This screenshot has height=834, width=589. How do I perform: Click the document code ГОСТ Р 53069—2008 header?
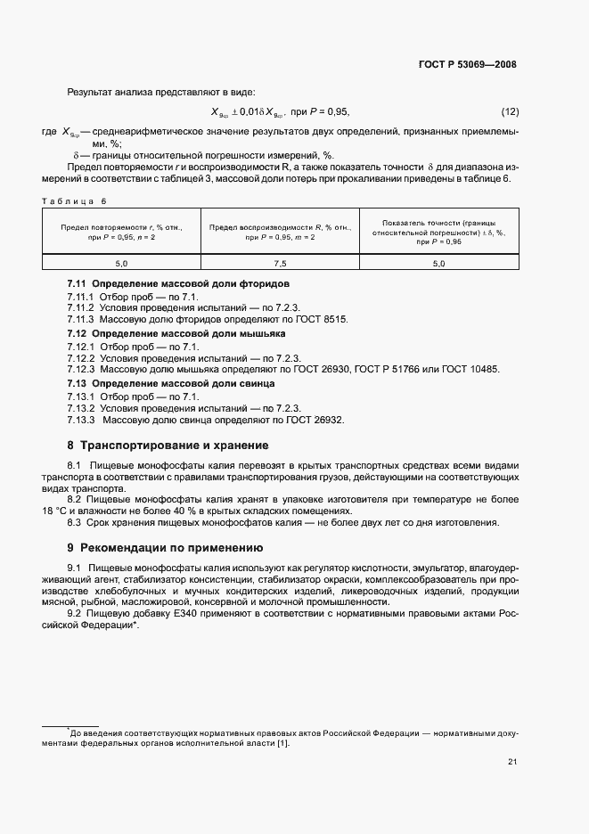(468, 64)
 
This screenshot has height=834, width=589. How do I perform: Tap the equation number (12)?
(510, 111)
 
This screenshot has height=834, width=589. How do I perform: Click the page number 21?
(511, 760)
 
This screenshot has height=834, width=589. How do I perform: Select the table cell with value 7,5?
(280, 264)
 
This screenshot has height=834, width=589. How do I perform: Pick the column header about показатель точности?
(438, 232)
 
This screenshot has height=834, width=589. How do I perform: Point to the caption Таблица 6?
(74, 200)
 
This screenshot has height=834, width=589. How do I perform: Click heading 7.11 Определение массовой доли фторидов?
(178, 283)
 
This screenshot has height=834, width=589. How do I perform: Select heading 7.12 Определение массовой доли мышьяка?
(176, 333)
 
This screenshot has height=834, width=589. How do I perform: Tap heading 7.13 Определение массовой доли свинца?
(171, 383)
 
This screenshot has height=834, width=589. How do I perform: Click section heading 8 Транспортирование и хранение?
(168, 446)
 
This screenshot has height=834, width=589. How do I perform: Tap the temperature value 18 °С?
(56, 511)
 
